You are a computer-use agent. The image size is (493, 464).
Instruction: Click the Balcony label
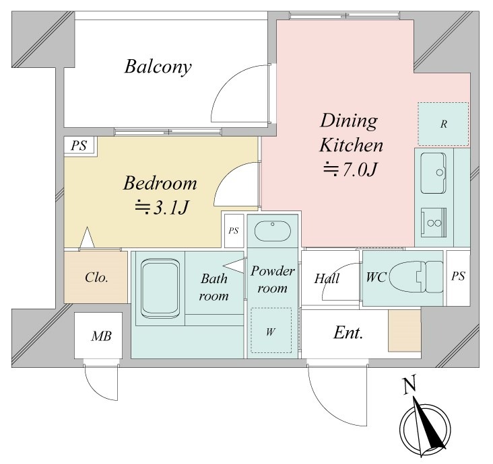coord(158,67)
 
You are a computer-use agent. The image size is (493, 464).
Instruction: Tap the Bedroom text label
coord(160,183)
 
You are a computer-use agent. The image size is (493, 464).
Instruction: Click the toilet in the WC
coord(416,276)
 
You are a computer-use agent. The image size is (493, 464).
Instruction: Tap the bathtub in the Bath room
coord(160,288)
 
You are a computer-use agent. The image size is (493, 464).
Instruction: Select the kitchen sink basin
coord(433,173)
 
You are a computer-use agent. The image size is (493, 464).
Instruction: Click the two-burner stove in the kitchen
coord(434,223)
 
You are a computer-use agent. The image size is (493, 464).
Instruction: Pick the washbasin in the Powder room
coord(273,231)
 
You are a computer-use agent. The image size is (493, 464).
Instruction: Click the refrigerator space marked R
coord(443,124)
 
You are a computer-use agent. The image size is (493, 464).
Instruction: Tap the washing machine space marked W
coord(271,330)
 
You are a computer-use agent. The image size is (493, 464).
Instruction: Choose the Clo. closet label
coord(96,277)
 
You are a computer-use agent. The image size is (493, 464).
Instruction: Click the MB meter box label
coord(101,336)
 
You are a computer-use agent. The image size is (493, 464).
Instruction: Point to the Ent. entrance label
coord(348,333)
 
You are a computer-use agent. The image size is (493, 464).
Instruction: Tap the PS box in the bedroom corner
coord(79,145)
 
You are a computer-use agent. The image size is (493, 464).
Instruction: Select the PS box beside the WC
coord(458,278)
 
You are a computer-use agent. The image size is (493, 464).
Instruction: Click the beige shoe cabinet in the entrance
coord(404,331)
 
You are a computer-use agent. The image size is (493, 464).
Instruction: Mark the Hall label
coord(327,278)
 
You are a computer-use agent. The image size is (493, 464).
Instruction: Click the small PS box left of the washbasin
coord(234,231)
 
